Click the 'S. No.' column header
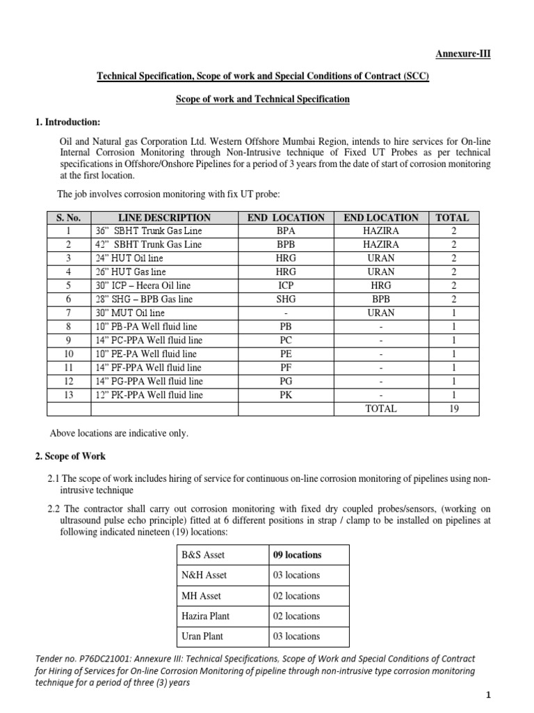tap(69, 218)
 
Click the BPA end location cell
tap(286, 231)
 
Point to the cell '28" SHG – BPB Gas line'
tap(144, 299)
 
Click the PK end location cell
tap(286, 395)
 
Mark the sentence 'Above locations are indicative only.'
tap(119, 433)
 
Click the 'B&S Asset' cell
tap(203, 555)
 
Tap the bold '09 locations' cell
tap(298, 555)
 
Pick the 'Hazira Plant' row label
tap(207, 616)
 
